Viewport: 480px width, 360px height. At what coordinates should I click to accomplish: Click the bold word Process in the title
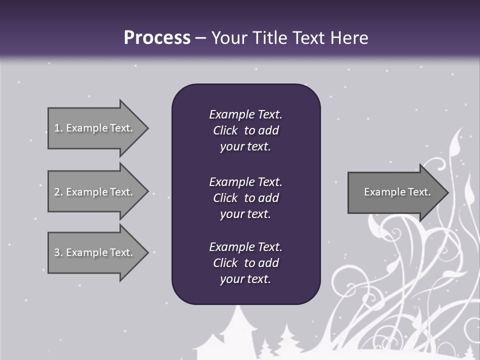(157, 38)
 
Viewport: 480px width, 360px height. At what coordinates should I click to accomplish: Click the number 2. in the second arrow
(58, 192)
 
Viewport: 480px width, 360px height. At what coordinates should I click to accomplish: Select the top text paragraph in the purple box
(245, 130)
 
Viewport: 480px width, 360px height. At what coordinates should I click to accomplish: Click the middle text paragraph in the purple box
(245, 197)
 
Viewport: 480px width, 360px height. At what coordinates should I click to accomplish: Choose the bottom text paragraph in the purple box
(245, 263)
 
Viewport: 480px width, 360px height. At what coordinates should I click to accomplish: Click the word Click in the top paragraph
(225, 130)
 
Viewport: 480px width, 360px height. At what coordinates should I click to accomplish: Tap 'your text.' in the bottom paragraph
(245, 279)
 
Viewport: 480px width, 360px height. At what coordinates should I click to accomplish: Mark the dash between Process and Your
(200, 38)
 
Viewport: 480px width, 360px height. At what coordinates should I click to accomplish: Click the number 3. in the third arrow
(58, 252)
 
